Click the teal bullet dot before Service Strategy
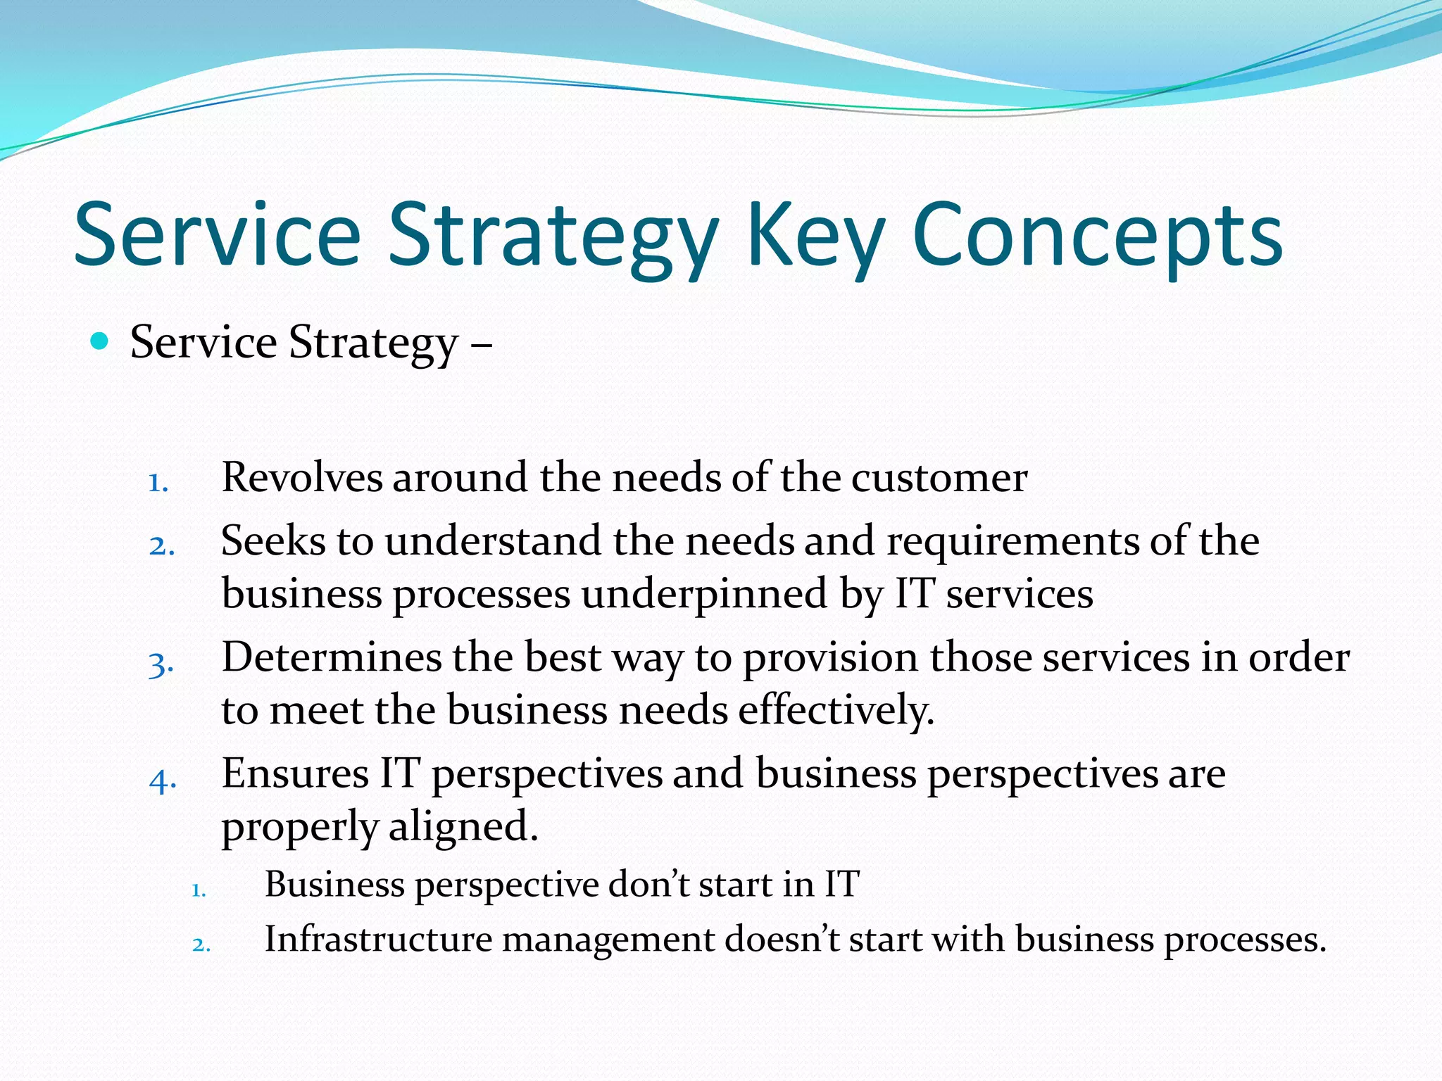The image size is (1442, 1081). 100,342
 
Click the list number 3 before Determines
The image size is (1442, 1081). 161,664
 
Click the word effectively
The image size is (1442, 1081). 836,709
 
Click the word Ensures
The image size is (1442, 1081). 295,773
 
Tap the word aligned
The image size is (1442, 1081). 463,826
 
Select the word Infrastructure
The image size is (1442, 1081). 378,940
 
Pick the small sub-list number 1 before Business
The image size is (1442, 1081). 199,891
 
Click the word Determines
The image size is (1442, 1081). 331,657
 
